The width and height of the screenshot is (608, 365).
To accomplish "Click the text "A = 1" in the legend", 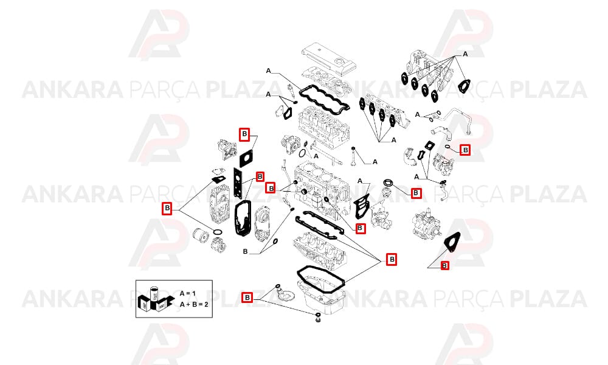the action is pyautogui.click(x=188, y=294).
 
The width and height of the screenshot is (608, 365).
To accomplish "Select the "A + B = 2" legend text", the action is pyautogui.click(x=194, y=304).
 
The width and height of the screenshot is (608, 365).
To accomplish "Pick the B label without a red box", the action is pyautogui.click(x=245, y=252).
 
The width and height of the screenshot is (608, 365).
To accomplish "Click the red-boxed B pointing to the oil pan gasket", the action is pyautogui.click(x=392, y=259).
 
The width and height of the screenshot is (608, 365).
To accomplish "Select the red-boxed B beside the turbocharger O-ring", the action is pyautogui.click(x=465, y=150).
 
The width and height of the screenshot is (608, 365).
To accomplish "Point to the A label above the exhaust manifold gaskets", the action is pyautogui.click(x=465, y=54).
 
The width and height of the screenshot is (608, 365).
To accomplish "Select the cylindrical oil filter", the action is pyautogui.click(x=201, y=236).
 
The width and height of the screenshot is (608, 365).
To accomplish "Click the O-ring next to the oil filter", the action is pyautogui.click(x=218, y=232).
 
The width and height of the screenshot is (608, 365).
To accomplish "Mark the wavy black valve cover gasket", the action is pyautogui.click(x=321, y=100).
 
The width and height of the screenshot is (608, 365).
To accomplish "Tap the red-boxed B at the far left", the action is pyautogui.click(x=167, y=208).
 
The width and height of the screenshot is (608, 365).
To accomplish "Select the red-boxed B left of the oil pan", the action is pyautogui.click(x=247, y=297).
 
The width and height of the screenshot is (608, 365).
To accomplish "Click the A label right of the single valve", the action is pyautogui.click(x=375, y=162).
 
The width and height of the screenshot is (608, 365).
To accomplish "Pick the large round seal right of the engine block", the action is pyautogui.click(x=388, y=182).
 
